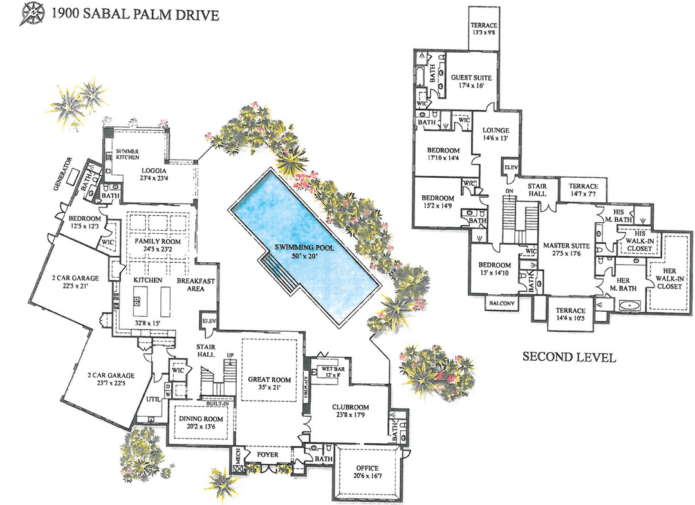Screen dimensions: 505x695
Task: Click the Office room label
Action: click(x=364, y=468)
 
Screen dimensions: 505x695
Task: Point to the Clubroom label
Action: click(x=350, y=406)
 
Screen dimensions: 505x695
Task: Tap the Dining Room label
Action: click(x=201, y=419)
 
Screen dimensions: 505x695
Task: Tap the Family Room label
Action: click(x=154, y=241)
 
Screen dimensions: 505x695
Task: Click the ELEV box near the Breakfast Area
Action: click(x=208, y=321)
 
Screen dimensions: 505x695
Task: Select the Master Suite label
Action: click(x=562, y=245)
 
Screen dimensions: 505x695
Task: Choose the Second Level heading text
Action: click(x=568, y=356)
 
